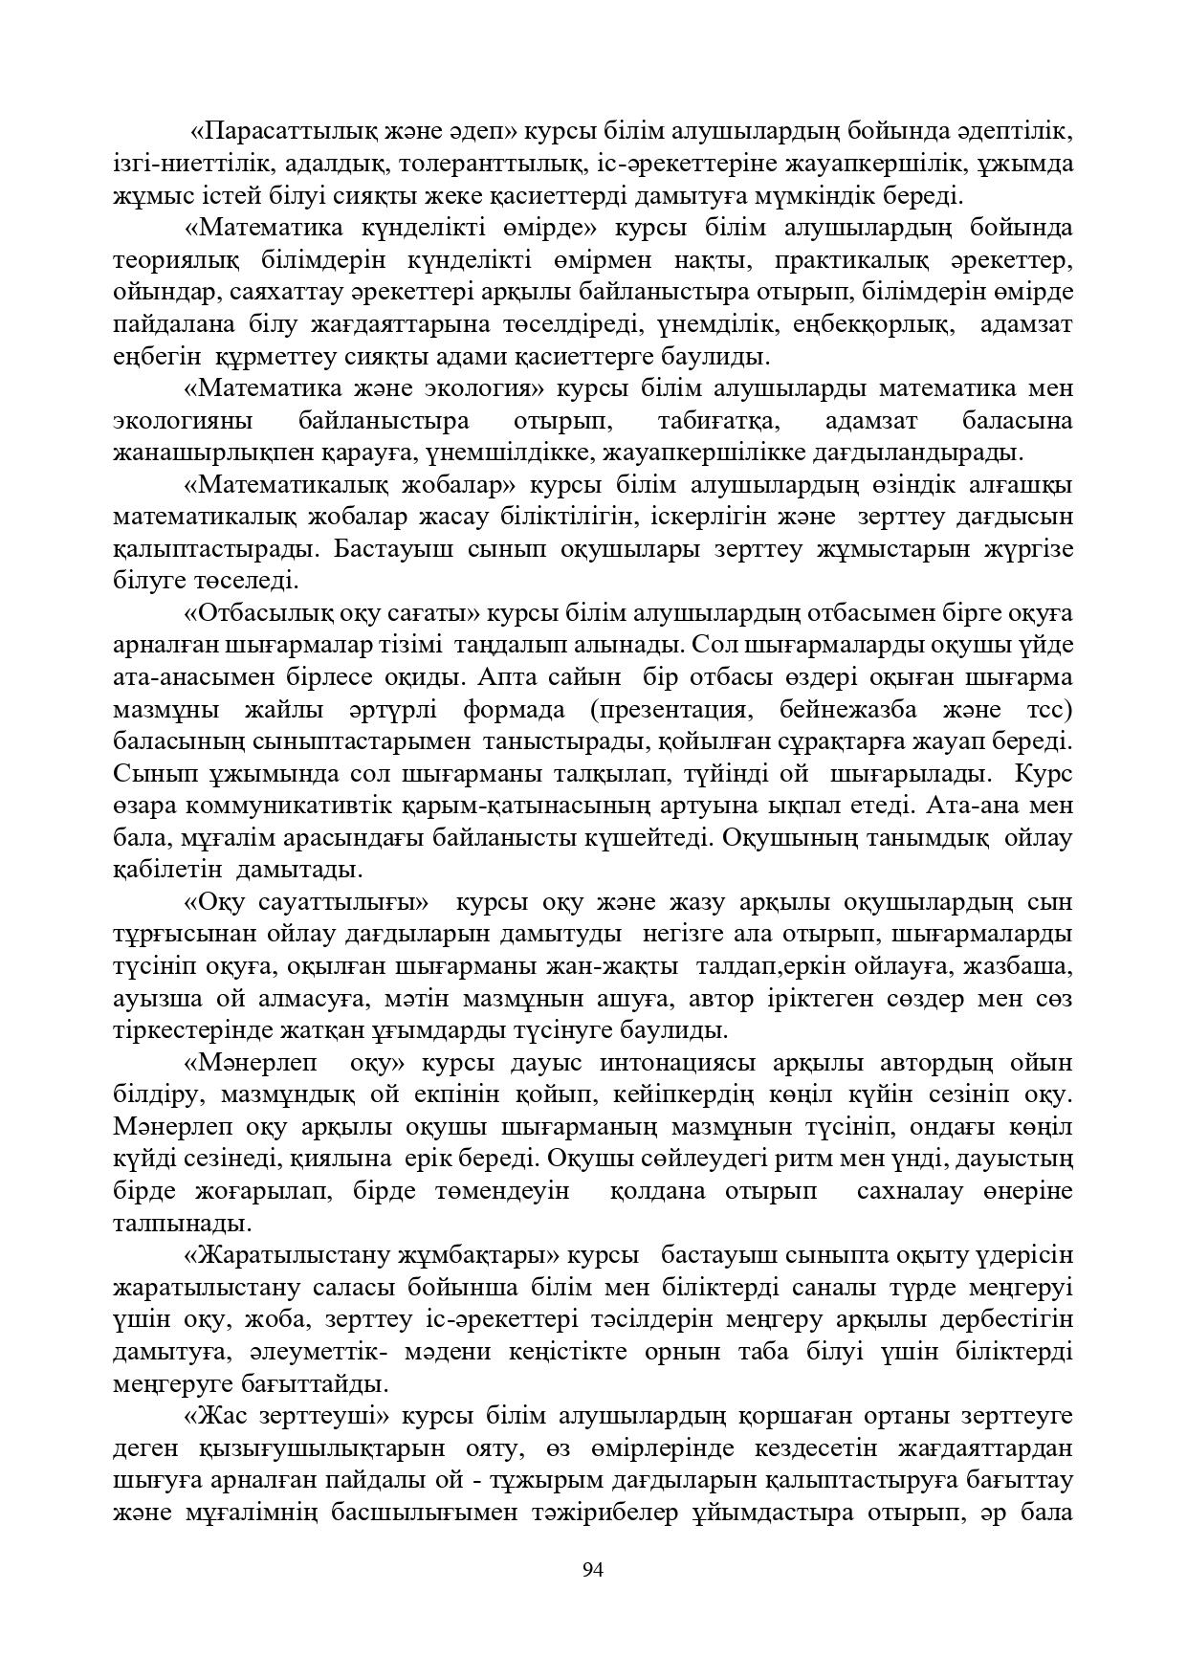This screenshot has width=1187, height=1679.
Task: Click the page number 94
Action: coord(593,1569)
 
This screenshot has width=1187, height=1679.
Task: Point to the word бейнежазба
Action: coord(854,710)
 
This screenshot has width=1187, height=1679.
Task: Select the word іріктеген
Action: coord(831,999)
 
